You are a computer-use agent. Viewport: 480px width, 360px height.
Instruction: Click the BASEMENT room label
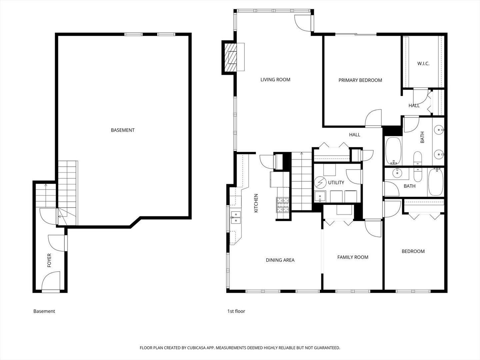tap(123, 130)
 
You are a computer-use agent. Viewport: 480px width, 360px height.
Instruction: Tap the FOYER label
tap(49, 260)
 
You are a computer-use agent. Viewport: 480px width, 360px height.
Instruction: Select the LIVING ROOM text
tap(275, 80)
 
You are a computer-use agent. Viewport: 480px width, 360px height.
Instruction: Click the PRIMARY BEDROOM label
tap(360, 80)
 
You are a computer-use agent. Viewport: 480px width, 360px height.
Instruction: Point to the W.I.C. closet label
tap(423, 63)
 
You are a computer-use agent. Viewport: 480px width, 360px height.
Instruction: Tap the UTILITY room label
tap(336, 183)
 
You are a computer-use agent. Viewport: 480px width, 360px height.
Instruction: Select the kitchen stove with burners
tap(282, 205)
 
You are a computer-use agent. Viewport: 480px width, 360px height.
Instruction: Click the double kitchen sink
tap(236, 217)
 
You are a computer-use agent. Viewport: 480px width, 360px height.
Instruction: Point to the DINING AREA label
tap(280, 260)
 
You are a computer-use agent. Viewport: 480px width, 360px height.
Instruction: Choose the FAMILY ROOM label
tap(353, 257)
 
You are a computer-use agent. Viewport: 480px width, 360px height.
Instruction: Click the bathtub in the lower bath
tap(435, 182)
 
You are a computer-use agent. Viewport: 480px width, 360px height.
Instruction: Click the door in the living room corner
tap(303, 23)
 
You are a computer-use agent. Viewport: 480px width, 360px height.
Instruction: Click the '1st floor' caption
tap(236, 311)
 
